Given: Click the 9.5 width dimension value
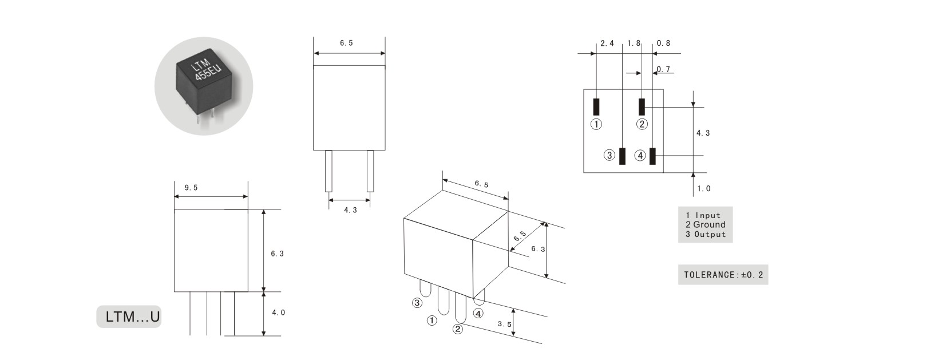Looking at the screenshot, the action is (x=191, y=188).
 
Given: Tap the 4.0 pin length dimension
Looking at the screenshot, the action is (x=278, y=312).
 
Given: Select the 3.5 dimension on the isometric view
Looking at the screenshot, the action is (x=504, y=324).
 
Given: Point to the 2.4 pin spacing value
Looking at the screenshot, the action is (x=607, y=43).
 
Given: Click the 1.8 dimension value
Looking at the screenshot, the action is (x=634, y=43).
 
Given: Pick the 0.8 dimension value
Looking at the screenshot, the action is (x=663, y=43).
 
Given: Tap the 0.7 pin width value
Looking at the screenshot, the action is (x=663, y=69).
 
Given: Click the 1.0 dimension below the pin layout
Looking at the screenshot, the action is (x=703, y=188).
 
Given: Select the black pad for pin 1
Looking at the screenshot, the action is (x=596, y=107).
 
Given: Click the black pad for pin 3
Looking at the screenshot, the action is (x=622, y=156).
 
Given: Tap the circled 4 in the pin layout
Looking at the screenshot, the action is (x=640, y=156).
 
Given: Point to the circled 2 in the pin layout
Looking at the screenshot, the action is (x=642, y=124).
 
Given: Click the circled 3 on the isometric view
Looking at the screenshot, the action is (x=417, y=303).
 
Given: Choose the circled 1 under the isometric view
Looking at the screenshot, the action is (x=432, y=321).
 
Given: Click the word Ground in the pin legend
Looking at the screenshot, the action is (x=709, y=225).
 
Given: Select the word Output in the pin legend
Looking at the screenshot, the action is (x=710, y=235).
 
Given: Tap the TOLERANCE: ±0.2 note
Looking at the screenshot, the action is (x=723, y=275).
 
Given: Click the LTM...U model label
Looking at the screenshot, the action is (x=133, y=317).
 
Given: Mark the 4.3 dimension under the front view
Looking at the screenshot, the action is (x=350, y=210).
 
